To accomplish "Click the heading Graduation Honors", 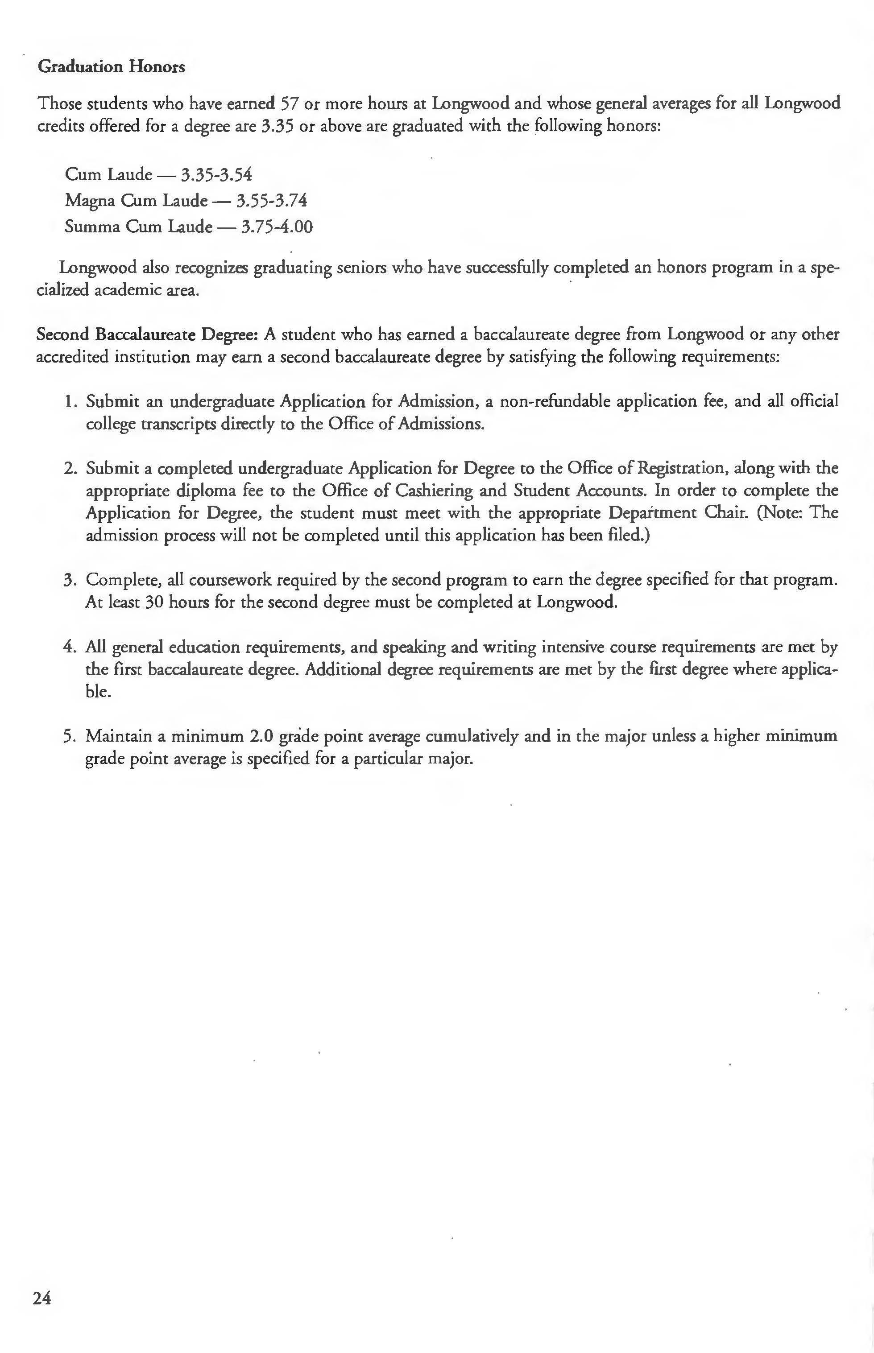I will click(111, 67).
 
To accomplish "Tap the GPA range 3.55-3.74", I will click(271, 200).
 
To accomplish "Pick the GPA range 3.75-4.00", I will click(277, 227).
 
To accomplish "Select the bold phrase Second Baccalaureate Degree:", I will click(148, 334).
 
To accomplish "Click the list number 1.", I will click(70, 402).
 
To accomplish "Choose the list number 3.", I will click(70, 580).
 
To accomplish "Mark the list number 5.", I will click(70, 736).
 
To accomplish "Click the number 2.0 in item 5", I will click(262, 736).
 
